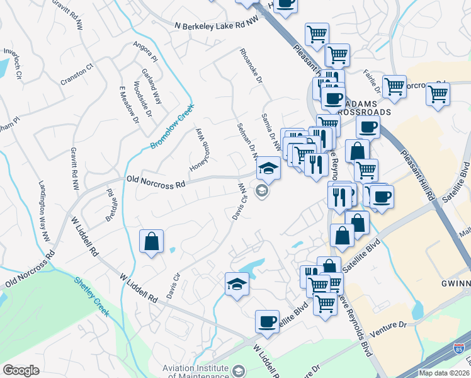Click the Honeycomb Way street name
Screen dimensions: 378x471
pyautogui.click(x=199, y=150)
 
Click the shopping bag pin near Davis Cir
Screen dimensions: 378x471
pyautogui.click(x=152, y=241)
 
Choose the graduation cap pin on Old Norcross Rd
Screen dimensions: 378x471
pyautogui.click(x=268, y=168)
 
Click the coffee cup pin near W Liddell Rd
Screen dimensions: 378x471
pyautogui.click(x=267, y=321)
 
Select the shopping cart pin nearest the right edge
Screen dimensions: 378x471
pyautogui.click(x=438, y=95)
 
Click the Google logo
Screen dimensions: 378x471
pyautogui.click(x=21, y=370)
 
